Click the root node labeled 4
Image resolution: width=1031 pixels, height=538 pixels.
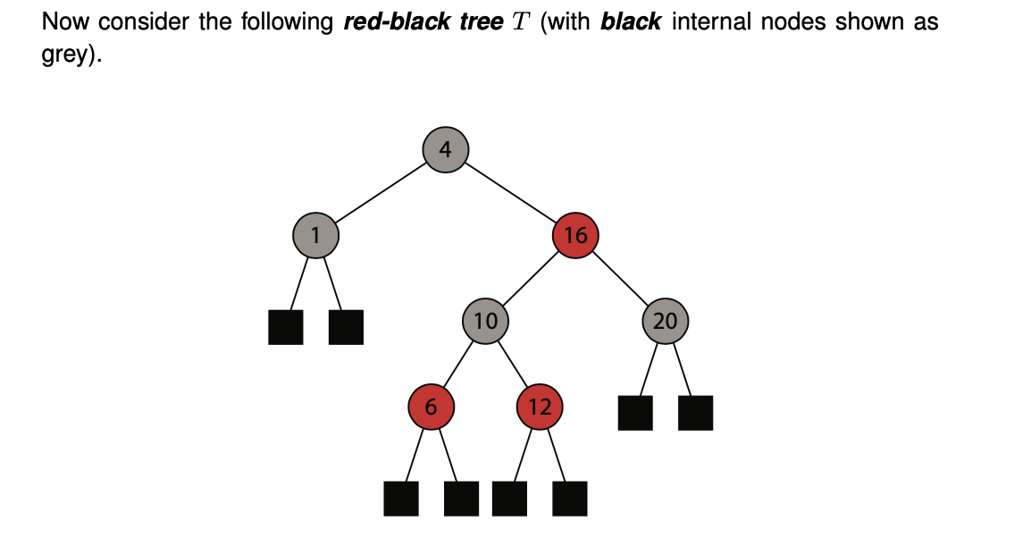pyautogui.click(x=446, y=148)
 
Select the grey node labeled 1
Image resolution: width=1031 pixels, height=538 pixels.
pyautogui.click(x=315, y=235)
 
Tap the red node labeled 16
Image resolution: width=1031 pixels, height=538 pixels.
pyautogui.click(x=575, y=235)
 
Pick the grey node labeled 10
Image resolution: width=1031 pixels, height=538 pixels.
pyautogui.click(x=485, y=321)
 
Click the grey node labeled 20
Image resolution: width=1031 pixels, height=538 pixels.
pyautogui.click(x=666, y=321)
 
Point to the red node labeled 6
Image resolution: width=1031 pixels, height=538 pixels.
pyautogui.click(x=431, y=408)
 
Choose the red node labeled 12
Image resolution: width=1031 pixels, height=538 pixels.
pyautogui.click(x=540, y=408)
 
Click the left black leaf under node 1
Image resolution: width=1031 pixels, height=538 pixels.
pyautogui.click(x=285, y=327)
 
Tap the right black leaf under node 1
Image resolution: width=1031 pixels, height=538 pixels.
pyautogui.click(x=346, y=327)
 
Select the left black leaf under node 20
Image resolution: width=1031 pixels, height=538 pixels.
pyautogui.click(x=635, y=413)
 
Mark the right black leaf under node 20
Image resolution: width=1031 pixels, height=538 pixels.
pyautogui.click(x=696, y=413)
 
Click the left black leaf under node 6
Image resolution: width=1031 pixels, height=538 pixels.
pyautogui.click(x=401, y=499)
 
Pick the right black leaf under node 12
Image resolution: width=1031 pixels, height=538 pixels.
pyautogui.click(x=570, y=499)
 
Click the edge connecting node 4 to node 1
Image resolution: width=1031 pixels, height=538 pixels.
pyautogui.click(x=381, y=191)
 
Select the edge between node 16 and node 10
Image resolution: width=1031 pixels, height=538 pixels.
pyautogui.click(x=531, y=278)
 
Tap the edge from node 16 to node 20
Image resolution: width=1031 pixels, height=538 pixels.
pyautogui.click(x=621, y=278)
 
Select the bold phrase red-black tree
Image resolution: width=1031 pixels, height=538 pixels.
pyautogui.click(x=423, y=22)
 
